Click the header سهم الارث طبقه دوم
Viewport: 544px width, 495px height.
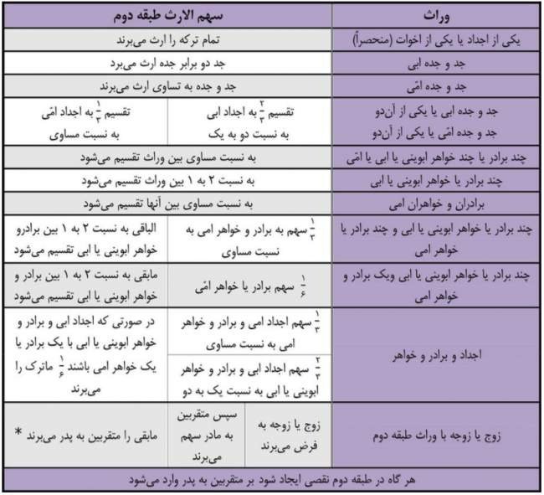click(167, 16)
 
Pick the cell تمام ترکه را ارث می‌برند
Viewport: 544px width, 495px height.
click(167, 39)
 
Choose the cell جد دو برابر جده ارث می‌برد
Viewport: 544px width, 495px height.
click(167, 64)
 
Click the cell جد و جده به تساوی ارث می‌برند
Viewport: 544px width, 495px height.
click(167, 87)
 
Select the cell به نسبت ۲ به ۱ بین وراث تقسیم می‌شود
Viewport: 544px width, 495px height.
click(167, 180)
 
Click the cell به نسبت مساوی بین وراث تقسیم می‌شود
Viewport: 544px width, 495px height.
click(167, 157)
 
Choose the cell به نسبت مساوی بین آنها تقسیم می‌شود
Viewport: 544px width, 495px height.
click(167, 204)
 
